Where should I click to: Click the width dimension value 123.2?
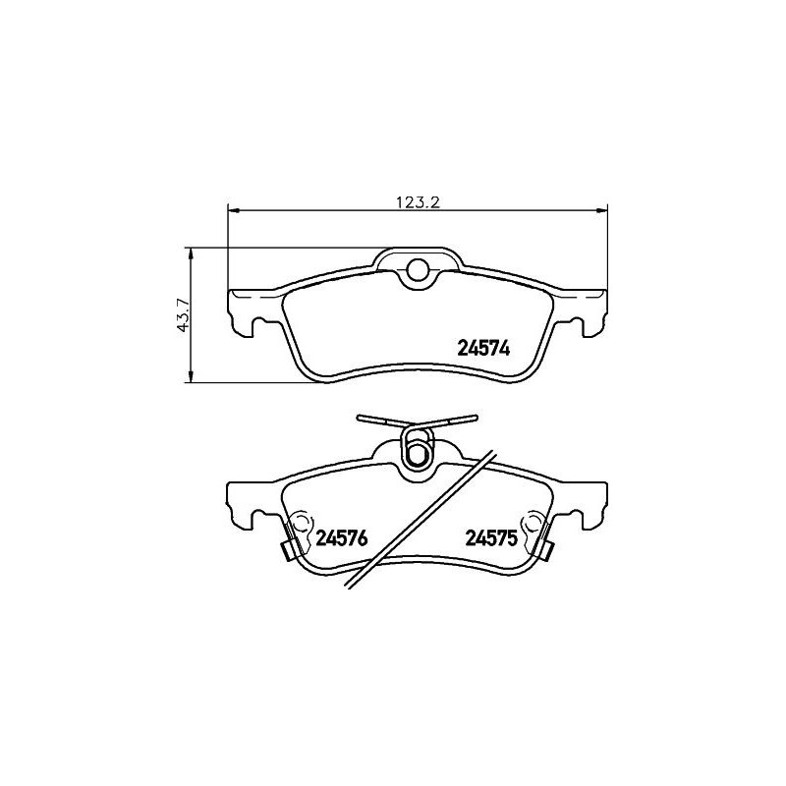[416, 202]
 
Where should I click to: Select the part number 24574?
[486, 347]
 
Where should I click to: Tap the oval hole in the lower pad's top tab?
[418, 454]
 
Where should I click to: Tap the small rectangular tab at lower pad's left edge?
[288, 551]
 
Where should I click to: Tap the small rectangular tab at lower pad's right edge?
[548, 551]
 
